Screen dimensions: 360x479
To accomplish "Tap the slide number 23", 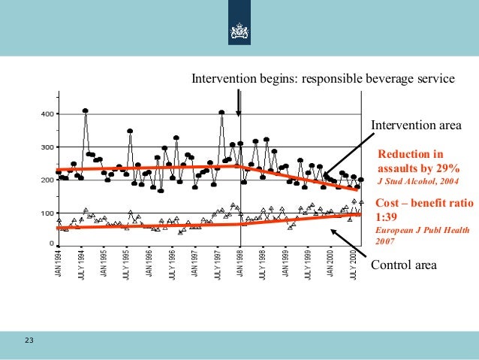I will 29,342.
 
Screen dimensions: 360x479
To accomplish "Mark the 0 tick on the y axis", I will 50,244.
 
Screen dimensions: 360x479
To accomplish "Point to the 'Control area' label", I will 402,265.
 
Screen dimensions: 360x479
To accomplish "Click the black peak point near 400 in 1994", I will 86,110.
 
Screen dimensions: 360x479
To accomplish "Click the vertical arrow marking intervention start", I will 239,101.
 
